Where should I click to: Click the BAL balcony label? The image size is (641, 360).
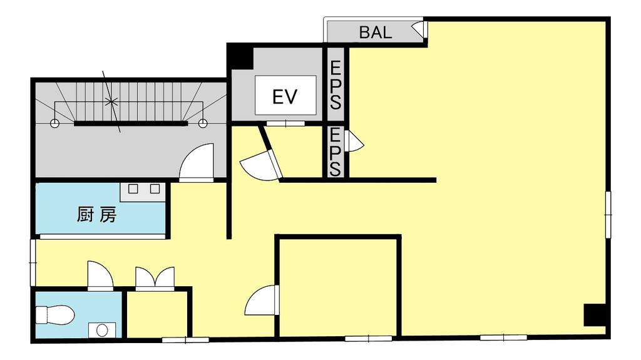[x=376, y=33]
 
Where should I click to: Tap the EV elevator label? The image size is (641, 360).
[x=285, y=96]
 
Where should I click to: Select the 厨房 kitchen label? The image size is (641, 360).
[x=97, y=214]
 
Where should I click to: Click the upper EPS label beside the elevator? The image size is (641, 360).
[x=336, y=85]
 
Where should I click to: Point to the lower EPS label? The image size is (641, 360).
[x=336, y=152]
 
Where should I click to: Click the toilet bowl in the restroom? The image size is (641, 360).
[x=54, y=315]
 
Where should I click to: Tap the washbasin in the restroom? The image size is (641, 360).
[x=102, y=329]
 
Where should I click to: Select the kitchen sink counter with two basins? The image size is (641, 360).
[x=143, y=192]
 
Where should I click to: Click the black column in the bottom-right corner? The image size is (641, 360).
[x=595, y=314]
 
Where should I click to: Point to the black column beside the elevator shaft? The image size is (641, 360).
[x=240, y=56]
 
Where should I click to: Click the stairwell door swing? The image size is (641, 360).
[x=197, y=162]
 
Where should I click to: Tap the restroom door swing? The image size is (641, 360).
[x=100, y=275]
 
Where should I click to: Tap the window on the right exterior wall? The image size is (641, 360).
[x=608, y=214]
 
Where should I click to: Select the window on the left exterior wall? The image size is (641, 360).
[x=33, y=262]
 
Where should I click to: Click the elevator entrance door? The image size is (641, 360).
[x=285, y=123]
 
